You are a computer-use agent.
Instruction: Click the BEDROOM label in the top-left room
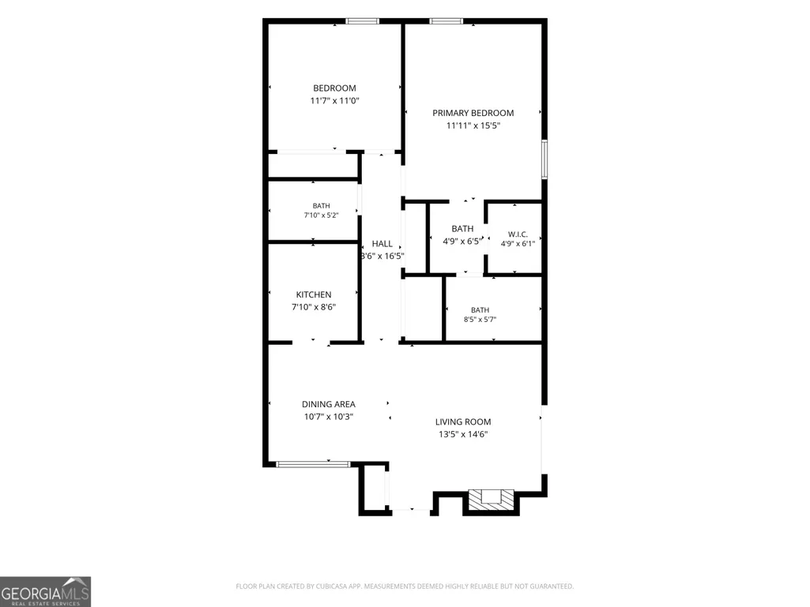[x=334, y=88]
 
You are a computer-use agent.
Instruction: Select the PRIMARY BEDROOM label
[x=473, y=113]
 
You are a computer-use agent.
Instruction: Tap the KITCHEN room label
[x=314, y=294]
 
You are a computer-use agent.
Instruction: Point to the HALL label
[x=382, y=244]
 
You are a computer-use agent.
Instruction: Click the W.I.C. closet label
[x=518, y=234]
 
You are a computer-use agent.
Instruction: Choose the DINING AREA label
[x=329, y=404]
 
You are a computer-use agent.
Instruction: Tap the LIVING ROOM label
[x=463, y=422]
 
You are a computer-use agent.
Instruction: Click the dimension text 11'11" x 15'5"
[x=473, y=126]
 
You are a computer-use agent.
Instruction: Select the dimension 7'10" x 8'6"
[x=314, y=307]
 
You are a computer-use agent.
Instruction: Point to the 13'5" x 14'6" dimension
[x=463, y=434]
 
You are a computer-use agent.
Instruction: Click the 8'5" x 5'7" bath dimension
[x=480, y=320]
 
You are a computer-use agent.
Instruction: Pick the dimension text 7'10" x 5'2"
[x=321, y=215]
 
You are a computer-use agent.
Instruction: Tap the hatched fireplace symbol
[x=491, y=500]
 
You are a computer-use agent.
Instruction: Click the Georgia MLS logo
[x=46, y=591]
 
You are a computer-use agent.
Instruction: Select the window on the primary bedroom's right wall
[x=544, y=159]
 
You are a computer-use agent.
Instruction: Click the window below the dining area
[x=313, y=465]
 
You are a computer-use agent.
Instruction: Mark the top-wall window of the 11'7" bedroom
[x=363, y=21]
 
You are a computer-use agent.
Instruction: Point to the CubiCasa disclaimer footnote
[x=405, y=586]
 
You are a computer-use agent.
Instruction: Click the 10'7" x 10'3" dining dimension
[x=329, y=417]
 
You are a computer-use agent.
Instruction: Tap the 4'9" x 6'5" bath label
[x=462, y=241]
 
